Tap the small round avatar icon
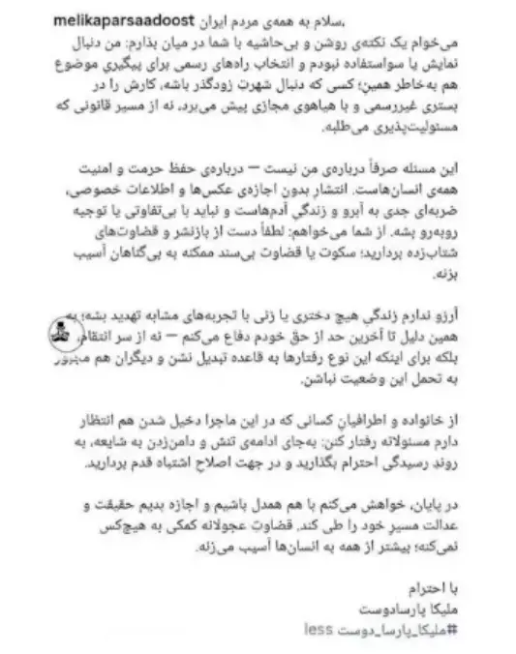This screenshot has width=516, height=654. pos(57,333)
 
